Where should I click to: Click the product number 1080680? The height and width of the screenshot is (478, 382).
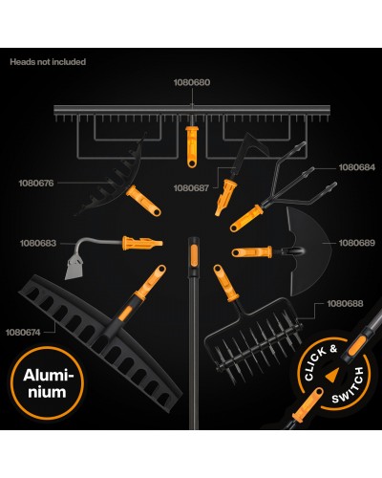tap(192, 82)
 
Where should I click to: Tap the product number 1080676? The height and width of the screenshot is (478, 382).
tap(36, 184)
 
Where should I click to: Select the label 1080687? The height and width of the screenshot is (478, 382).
tap(191, 188)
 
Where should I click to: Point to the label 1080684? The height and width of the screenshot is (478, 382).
tap(357, 167)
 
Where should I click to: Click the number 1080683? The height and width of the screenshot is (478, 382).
tap(38, 243)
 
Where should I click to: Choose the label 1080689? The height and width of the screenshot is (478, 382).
tap(357, 243)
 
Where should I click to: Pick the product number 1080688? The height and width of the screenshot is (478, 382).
tap(345, 304)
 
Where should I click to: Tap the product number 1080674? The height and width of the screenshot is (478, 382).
tap(23, 333)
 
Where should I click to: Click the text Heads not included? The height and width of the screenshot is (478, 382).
tap(48, 62)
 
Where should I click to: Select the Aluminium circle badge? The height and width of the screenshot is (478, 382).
tap(47, 382)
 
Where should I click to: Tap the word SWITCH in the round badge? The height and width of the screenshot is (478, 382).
tap(350, 386)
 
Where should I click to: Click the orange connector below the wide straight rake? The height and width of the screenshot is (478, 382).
tap(191, 146)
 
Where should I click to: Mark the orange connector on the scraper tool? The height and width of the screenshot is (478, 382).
tap(142, 244)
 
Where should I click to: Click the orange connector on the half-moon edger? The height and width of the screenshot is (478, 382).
tap(252, 252)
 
